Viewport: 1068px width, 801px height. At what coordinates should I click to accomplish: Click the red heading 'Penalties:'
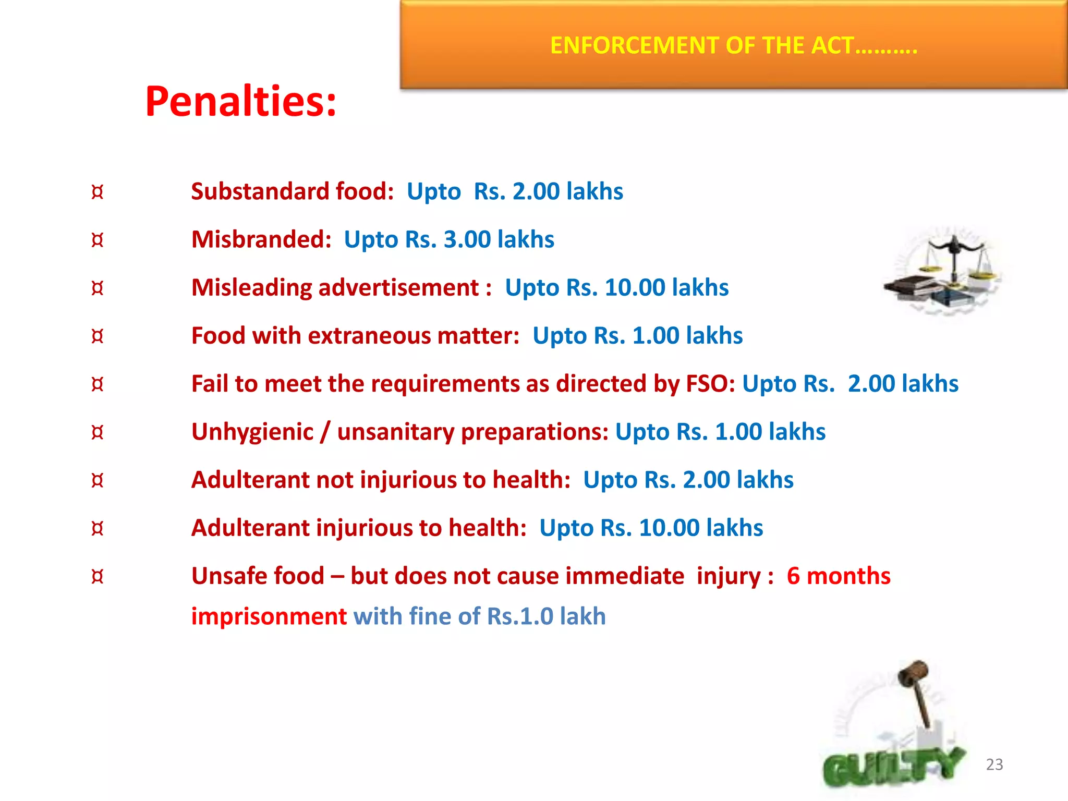click(241, 101)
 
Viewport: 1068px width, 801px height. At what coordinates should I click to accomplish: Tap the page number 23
click(994, 764)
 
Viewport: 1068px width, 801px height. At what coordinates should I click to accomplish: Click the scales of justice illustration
click(944, 271)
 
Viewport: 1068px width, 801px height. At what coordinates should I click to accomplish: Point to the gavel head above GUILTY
click(913, 673)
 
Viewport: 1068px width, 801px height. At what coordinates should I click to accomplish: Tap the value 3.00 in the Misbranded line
click(467, 239)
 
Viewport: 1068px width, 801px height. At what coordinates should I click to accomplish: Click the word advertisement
click(398, 287)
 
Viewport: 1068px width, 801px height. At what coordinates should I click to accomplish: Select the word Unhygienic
click(252, 432)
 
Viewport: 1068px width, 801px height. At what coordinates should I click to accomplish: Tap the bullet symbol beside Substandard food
click(98, 192)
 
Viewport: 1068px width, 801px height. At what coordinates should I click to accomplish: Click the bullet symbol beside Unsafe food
click(98, 576)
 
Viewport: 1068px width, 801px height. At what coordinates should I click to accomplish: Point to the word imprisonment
click(269, 616)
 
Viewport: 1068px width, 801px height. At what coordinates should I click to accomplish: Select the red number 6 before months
click(793, 576)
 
